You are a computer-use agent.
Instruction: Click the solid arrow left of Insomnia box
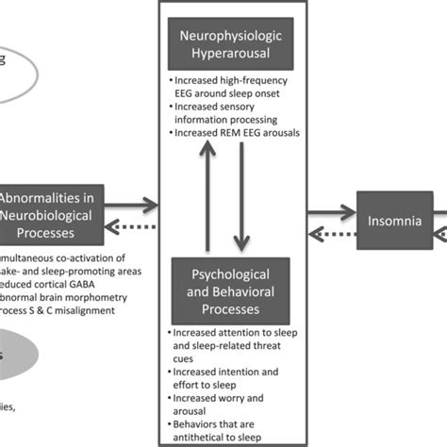(331, 206)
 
